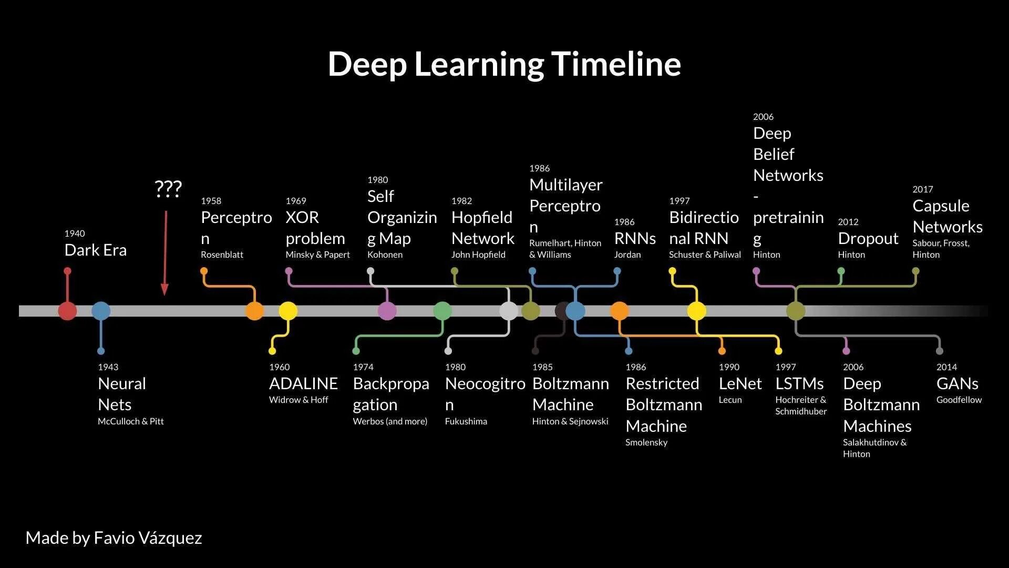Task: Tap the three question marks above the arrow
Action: coord(168,188)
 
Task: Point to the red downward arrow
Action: coord(165,252)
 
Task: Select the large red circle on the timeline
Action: coord(67,311)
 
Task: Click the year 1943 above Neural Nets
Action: coord(108,367)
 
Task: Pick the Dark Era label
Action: coord(95,250)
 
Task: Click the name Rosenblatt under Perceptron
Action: coord(222,255)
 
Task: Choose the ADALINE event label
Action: coord(303,383)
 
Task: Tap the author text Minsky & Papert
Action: coord(317,255)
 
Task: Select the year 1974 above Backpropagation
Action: coord(363,367)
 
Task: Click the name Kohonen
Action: coord(385,255)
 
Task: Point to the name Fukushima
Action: coord(466,421)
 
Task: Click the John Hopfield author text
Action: coord(478,255)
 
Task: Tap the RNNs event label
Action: coord(635,238)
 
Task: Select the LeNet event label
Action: coord(740,383)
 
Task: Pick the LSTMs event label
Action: coord(799,383)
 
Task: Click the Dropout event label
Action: coord(868,238)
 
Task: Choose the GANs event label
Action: coord(957,383)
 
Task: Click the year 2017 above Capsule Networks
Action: coord(922,189)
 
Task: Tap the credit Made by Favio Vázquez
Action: coord(114,537)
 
